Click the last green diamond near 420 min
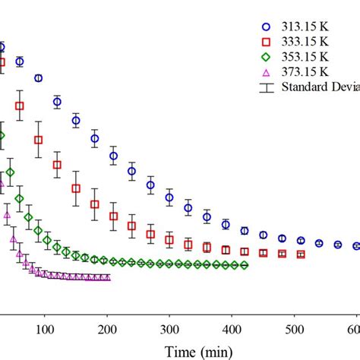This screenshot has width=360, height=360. click(244, 265)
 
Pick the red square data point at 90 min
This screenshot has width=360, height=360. click(38, 140)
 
